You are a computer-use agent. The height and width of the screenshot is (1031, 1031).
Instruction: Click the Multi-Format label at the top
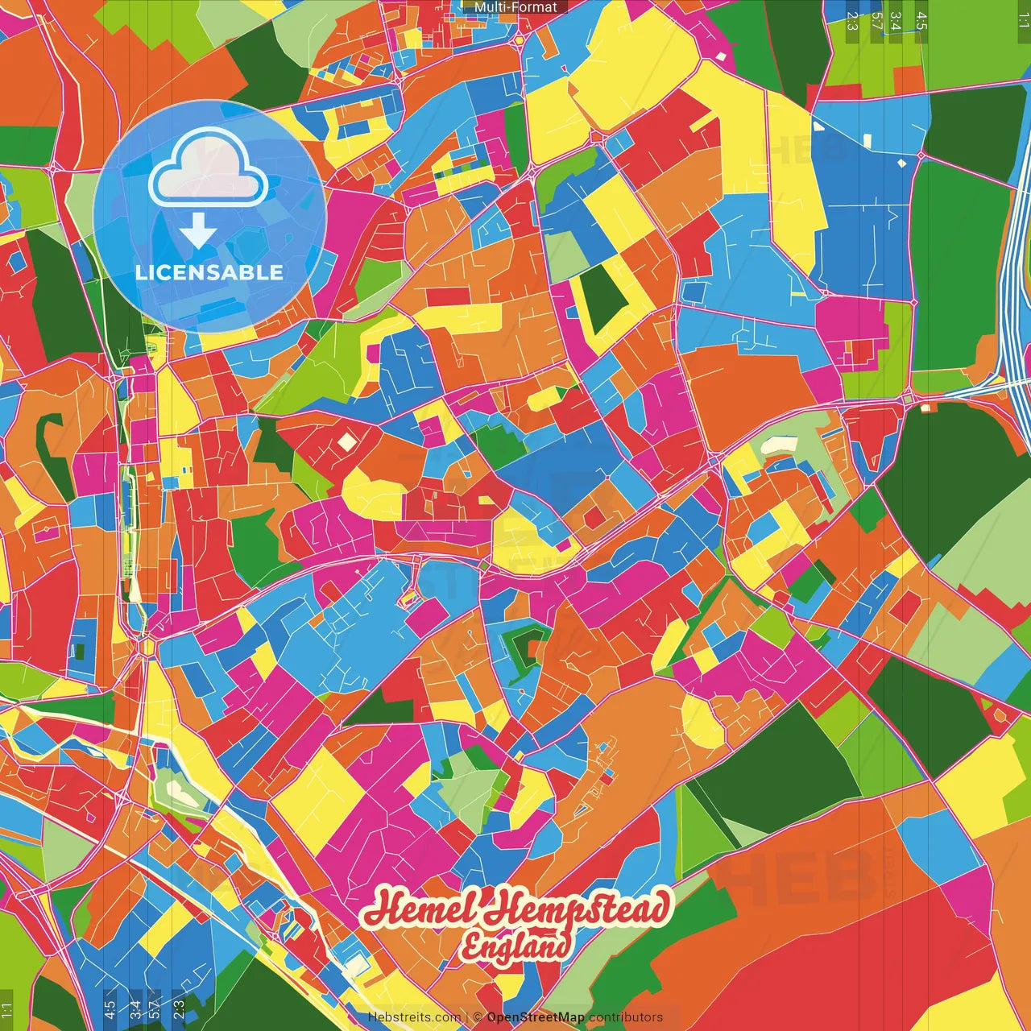(515, 7)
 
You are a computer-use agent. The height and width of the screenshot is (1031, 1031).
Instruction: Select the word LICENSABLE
(209, 272)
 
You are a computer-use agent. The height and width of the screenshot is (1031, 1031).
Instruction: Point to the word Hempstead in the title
(578, 909)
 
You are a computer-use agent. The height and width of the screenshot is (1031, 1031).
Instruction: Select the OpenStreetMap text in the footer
(536, 1017)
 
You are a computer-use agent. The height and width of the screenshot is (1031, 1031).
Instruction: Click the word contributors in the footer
(626, 1017)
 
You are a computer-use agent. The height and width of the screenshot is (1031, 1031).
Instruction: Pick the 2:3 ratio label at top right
(852, 21)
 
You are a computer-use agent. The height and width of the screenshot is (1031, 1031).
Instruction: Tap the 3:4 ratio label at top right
(896, 21)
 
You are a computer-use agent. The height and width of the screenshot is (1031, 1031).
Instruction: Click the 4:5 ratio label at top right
(921, 21)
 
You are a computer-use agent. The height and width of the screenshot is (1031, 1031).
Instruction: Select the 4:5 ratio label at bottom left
(110, 1009)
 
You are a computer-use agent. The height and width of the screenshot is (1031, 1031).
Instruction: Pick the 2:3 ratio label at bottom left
(179, 1009)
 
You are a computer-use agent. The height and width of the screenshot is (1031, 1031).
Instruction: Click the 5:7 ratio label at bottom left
(154, 1009)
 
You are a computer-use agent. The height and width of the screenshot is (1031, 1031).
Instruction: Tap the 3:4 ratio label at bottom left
(135, 1009)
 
